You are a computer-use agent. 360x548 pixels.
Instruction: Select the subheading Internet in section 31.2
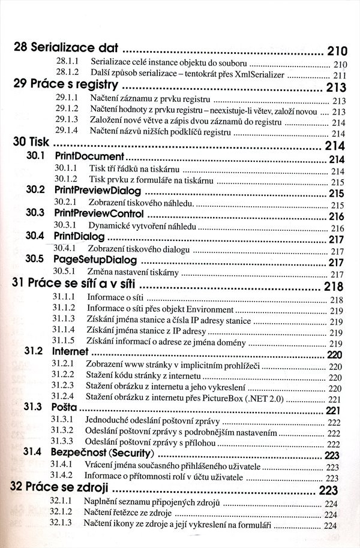coord(71,351)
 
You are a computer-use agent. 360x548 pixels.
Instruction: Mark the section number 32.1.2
coord(62,514)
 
